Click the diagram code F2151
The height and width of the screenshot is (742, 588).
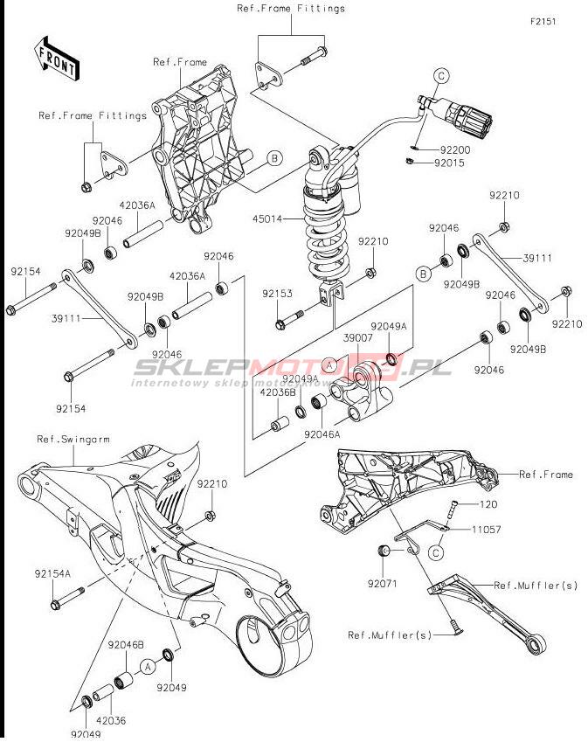click(542, 22)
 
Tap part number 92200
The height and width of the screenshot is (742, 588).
click(454, 149)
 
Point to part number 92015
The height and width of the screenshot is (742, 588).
click(454, 163)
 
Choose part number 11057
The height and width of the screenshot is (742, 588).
click(488, 530)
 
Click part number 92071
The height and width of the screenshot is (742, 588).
click(382, 581)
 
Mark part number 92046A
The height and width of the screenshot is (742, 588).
click(322, 433)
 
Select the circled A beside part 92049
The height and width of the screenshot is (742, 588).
click(148, 667)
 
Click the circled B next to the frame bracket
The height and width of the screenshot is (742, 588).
click(274, 157)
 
